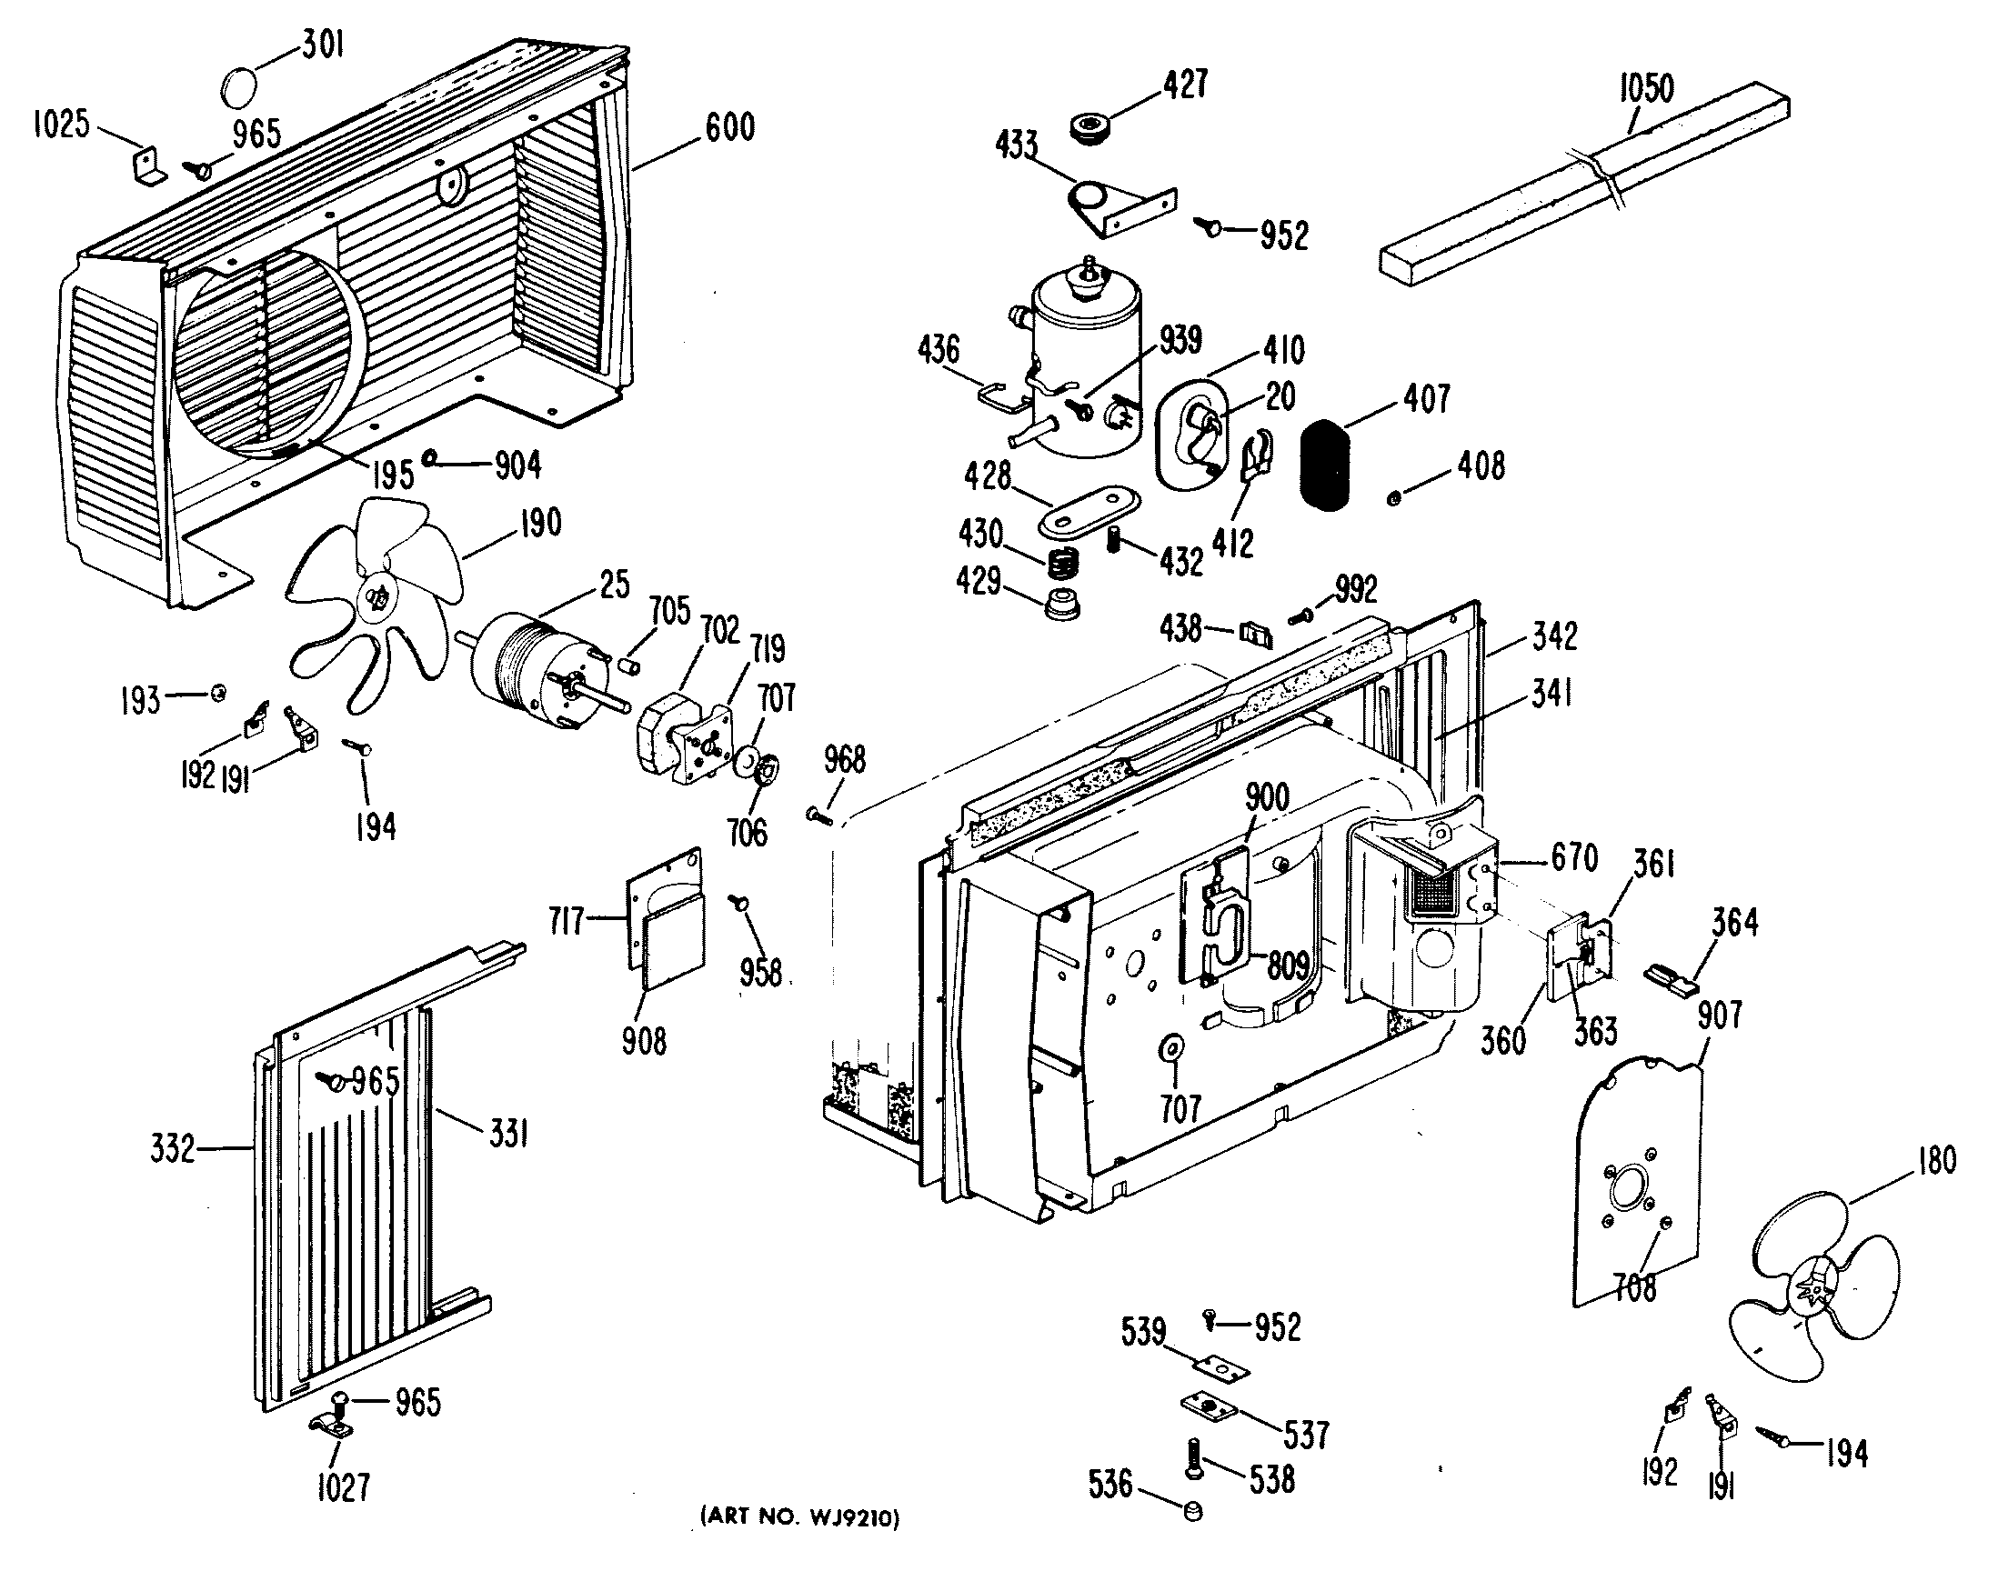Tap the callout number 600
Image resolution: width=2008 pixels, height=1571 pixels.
click(729, 128)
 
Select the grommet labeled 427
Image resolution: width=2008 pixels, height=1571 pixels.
click(1093, 126)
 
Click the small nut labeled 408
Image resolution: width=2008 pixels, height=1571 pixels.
click(1393, 498)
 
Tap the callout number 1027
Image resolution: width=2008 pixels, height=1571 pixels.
click(342, 1487)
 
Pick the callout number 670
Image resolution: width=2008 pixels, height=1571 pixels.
click(1574, 859)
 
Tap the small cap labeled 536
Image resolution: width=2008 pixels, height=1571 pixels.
click(1193, 1510)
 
